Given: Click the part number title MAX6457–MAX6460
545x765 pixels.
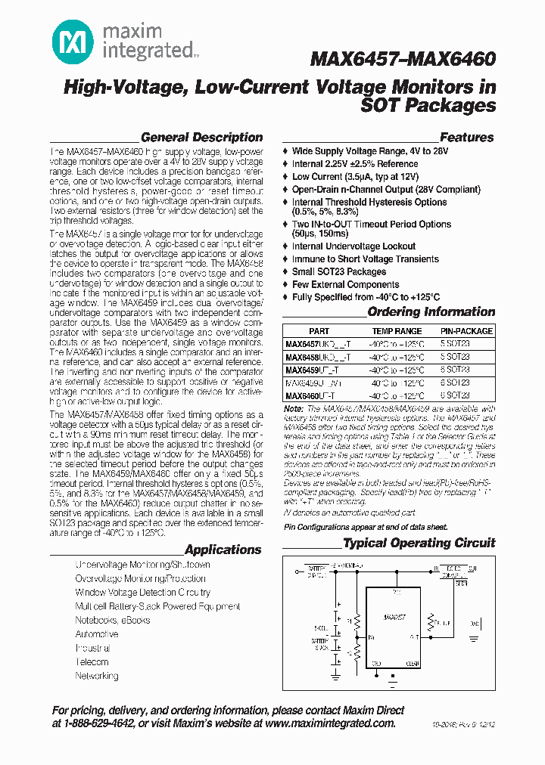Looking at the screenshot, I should click(x=403, y=59).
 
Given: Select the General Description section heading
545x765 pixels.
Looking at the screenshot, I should click(x=201, y=138).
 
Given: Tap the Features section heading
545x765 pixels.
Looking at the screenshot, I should click(x=466, y=138).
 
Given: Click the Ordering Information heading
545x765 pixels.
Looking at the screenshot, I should click(x=431, y=312).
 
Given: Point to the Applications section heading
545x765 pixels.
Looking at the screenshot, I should click(x=223, y=550).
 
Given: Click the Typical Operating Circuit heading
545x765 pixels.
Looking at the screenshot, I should click(x=419, y=543).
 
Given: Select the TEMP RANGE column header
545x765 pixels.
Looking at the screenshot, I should click(x=397, y=331).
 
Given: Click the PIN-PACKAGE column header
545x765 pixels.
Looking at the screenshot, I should click(x=466, y=331).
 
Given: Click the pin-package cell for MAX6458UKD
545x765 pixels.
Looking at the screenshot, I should click(x=456, y=357).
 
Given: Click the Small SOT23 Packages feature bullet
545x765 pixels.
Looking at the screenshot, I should click(x=339, y=271).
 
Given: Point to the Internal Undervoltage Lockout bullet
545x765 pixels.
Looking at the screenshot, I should click(x=353, y=246).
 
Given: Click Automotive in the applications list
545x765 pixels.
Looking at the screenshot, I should click(x=97, y=634).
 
